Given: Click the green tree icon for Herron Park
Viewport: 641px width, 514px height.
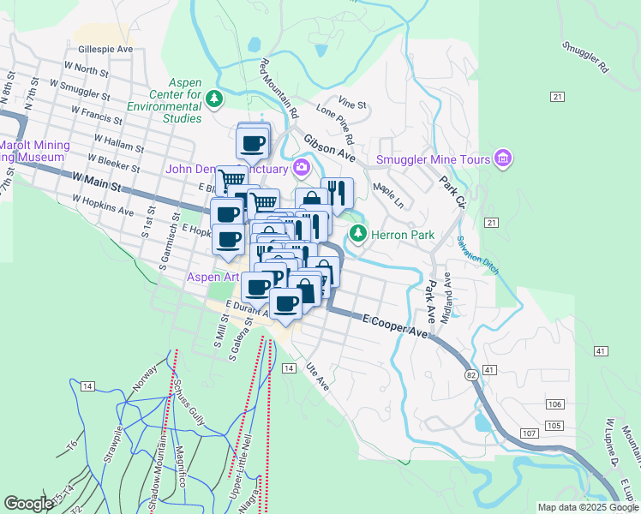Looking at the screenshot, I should pyautogui.click(x=357, y=234).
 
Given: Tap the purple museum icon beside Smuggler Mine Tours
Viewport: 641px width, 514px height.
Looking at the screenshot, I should pyautogui.click(x=503, y=159).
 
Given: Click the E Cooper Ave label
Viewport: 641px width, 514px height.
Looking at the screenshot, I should pyautogui.click(x=394, y=326).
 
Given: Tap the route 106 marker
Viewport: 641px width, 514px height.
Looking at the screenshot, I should pyautogui.click(x=554, y=403).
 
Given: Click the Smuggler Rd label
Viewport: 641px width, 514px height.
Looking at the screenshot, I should pyautogui.click(x=586, y=56).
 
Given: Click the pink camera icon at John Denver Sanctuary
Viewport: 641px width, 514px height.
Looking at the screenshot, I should pyautogui.click(x=302, y=167).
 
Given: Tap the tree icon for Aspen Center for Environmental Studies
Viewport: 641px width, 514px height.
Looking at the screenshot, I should pyautogui.click(x=214, y=99).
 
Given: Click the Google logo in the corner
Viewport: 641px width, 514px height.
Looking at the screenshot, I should pyautogui.click(x=28, y=504).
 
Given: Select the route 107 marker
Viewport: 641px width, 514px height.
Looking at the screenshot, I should pyautogui.click(x=529, y=433).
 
